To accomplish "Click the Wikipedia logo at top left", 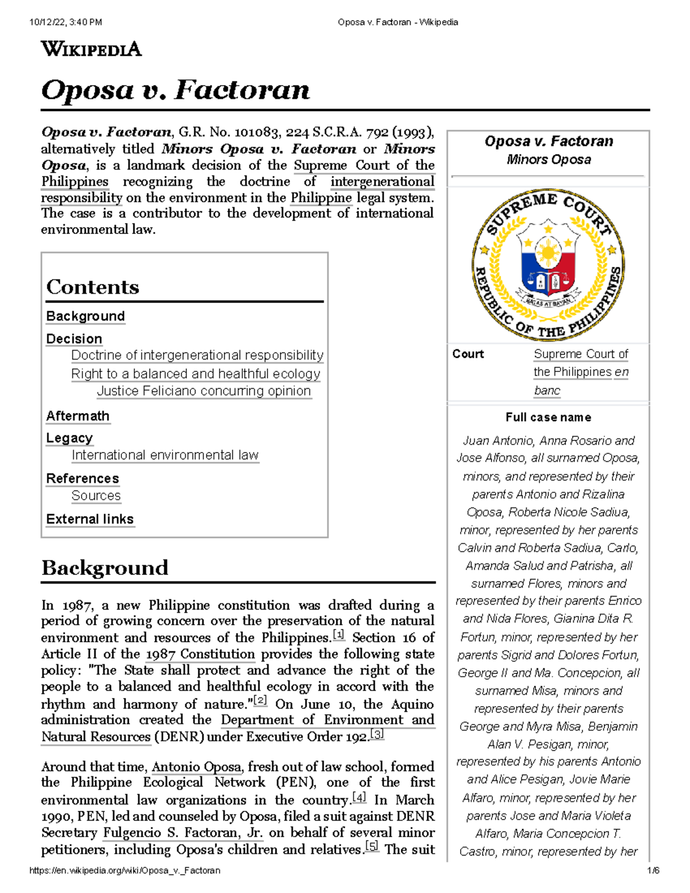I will pos(91,49).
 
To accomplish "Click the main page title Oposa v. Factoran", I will pos(175,90).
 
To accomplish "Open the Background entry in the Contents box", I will pos(85,316).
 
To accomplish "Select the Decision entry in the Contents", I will pos(74,339).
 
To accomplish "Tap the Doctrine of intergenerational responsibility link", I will pos(197,355).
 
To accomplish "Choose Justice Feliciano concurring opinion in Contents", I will pos(204,391).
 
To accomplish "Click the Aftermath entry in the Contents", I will pos(78,416).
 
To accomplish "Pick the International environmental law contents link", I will pos(165,455).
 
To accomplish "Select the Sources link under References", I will pos(95,496).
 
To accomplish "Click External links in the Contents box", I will pos(90,519).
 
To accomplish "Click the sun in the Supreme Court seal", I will pos(548,253).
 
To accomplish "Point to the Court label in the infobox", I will pos(468,354).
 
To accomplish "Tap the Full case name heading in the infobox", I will pos(548,417).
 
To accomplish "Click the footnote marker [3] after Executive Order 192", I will pos(377,734).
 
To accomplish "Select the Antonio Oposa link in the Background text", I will pos(196,767).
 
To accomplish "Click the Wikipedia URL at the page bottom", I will pos(125,871).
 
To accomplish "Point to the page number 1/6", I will pos(653,871).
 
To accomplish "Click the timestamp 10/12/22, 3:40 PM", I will pos(66,22).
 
